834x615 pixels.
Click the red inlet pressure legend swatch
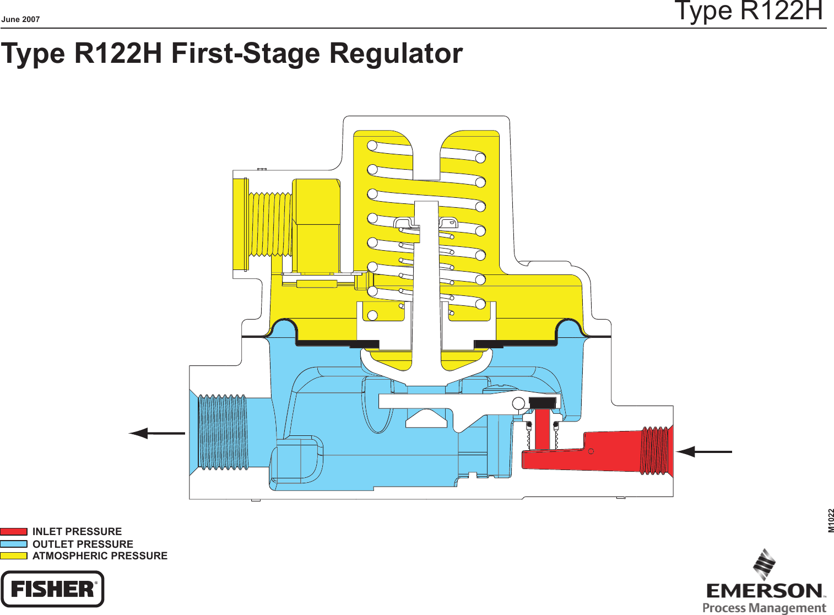[14, 531]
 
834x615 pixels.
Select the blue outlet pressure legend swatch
[14, 544]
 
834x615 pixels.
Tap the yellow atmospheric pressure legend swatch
[14, 555]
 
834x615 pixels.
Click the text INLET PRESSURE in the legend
[77, 531]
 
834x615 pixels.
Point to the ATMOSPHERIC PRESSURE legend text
[100, 555]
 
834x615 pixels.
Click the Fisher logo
[52, 589]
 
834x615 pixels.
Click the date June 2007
[20, 19]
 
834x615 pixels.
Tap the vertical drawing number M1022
[831, 520]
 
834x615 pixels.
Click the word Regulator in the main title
[396, 53]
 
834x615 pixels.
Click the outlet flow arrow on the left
[157, 434]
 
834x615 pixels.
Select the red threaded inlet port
[656, 450]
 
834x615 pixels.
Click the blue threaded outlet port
[223, 432]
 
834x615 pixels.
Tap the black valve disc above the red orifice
[543, 402]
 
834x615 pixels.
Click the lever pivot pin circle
[518, 403]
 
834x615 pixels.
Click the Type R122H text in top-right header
[749, 11]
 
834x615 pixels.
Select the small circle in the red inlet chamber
[591, 452]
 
